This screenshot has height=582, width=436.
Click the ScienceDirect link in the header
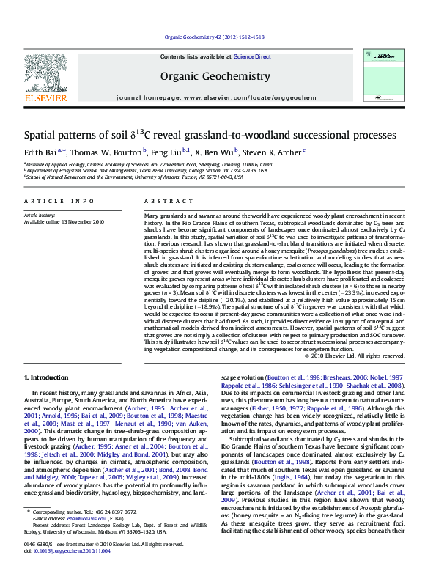click(252, 56)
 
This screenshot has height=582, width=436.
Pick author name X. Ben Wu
click(215, 152)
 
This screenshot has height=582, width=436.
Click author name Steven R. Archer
click(272, 152)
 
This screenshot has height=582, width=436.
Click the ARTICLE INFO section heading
click(59, 201)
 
